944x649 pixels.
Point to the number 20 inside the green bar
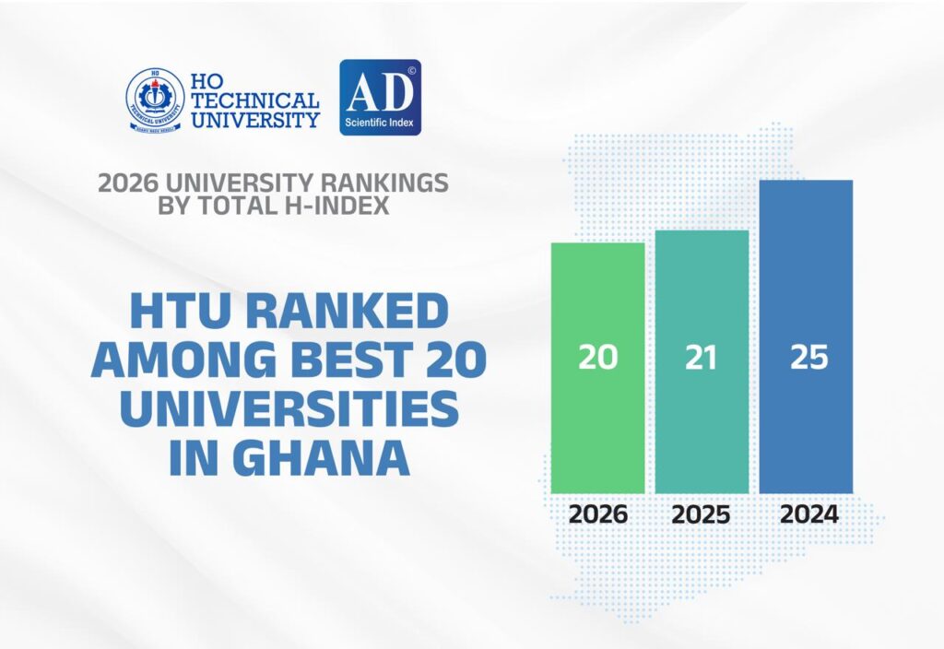[x=597, y=358]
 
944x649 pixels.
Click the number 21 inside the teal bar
[x=702, y=358]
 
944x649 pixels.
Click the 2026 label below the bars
[x=597, y=514]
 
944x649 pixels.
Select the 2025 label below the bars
[x=702, y=514]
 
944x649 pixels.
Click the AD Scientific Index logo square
[x=380, y=98]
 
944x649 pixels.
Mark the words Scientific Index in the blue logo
[x=380, y=120]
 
